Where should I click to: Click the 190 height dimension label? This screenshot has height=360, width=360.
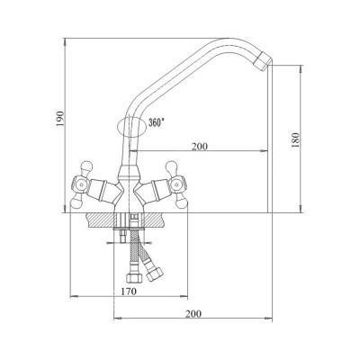[x=60, y=118]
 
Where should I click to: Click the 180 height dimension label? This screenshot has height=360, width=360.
[x=295, y=139]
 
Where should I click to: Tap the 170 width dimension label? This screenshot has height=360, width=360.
[x=129, y=292]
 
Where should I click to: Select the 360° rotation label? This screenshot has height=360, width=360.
[x=157, y=122]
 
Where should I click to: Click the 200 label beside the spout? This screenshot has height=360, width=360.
[x=200, y=147]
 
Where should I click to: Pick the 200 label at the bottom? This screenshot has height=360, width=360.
[x=193, y=314]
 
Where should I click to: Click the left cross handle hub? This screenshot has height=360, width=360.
[x=79, y=185]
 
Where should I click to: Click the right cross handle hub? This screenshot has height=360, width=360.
[x=176, y=186]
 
